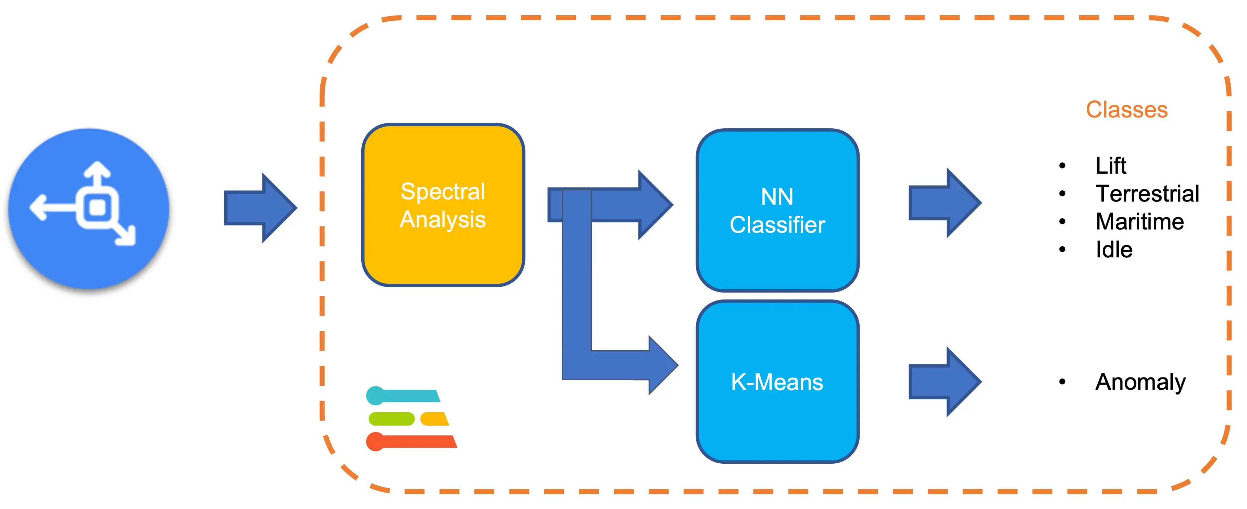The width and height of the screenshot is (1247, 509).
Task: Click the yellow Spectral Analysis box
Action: coord(443,205)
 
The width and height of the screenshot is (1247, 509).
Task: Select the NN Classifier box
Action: coord(777,210)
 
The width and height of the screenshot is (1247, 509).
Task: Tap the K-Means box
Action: coord(777,382)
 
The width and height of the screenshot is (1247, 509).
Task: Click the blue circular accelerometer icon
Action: coord(88,209)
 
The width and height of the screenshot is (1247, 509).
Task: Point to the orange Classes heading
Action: coord(1126,109)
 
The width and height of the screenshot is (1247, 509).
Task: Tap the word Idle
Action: coord(1114,250)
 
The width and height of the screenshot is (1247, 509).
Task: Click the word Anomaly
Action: coord(1140,382)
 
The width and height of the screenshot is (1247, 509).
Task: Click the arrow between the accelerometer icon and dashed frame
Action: coord(260,208)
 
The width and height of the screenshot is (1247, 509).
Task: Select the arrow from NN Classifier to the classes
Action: coord(944,203)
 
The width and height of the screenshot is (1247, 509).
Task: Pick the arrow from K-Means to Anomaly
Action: coord(944,382)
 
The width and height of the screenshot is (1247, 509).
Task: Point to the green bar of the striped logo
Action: coord(392,418)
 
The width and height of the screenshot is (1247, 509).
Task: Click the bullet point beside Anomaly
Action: coord(1062,382)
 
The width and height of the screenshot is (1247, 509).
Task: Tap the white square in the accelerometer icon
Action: coord(97,208)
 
